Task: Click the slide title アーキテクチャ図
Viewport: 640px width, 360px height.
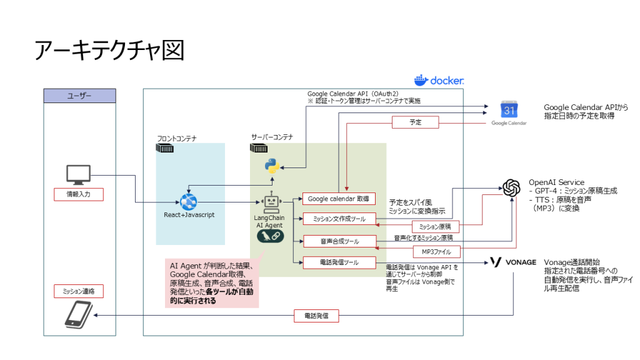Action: point(109,50)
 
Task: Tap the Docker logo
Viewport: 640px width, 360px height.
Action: point(439,81)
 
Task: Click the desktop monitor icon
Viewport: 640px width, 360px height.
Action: point(79,174)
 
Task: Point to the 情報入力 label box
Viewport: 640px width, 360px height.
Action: point(79,194)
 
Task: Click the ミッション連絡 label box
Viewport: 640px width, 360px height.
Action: point(79,291)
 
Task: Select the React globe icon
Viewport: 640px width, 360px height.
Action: point(189,201)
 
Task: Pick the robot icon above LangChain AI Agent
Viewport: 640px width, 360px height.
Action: point(271,201)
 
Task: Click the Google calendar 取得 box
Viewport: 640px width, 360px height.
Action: point(339,199)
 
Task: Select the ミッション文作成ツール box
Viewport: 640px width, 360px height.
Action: point(339,219)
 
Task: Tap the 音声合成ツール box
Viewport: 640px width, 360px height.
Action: point(339,241)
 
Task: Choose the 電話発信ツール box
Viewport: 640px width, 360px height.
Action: point(339,262)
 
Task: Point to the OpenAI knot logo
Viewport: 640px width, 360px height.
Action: point(511,187)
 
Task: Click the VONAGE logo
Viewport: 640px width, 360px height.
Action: point(512,262)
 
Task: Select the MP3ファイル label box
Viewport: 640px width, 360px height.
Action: point(436,252)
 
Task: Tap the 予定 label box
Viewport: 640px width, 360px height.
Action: point(415,122)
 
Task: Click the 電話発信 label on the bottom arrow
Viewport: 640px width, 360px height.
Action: point(316,316)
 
